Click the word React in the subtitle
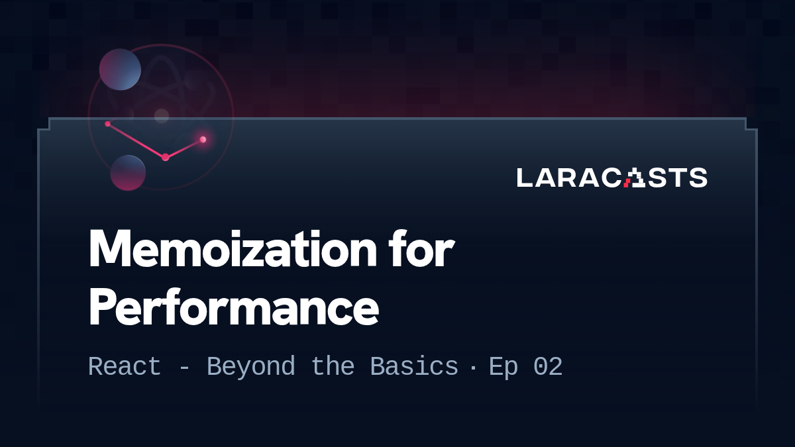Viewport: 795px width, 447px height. pyautogui.click(x=125, y=367)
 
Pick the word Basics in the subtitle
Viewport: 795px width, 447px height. pyautogui.click(x=414, y=367)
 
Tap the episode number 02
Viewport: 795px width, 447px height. pyautogui.click(x=548, y=367)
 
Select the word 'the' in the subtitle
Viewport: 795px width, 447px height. pyautogui.click(x=333, y=367)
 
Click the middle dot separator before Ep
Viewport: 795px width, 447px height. pyautogui.click(x=472, y=368)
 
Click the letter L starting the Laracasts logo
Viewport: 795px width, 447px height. pyautogui.click(x=524, y=177)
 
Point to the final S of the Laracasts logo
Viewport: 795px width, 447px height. pyautogui.click(x=698, y=177)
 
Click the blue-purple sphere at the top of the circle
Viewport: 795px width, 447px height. pyautogui.click(x=120, y=70)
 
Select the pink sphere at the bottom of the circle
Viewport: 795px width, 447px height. pyautogui.click(x=128, y=173)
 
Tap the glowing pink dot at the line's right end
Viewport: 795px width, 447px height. pyautogui.click(x=203, y=139)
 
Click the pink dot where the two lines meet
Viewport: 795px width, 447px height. pyautogui.click(x=165, y=157)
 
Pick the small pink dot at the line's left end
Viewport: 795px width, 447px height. pyautogui.click(x=107, y=124)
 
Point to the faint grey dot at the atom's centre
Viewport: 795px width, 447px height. pyautogui.click(x=162, y=116)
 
